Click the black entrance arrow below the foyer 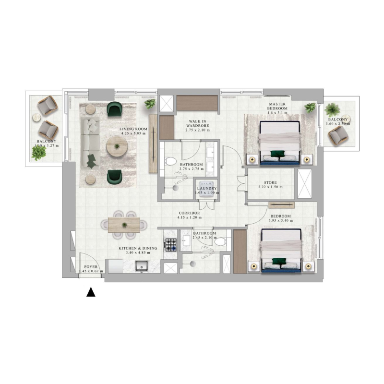(x=90, y=292)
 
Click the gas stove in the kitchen (x=170, y=245)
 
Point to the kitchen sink (x=142, y=265)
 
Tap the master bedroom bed (x=280, y=142)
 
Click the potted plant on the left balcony (x=39, y=153)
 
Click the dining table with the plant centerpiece (x=124, y=225)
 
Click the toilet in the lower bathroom (x=221, y=243)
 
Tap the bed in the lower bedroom (x=281, y=250)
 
